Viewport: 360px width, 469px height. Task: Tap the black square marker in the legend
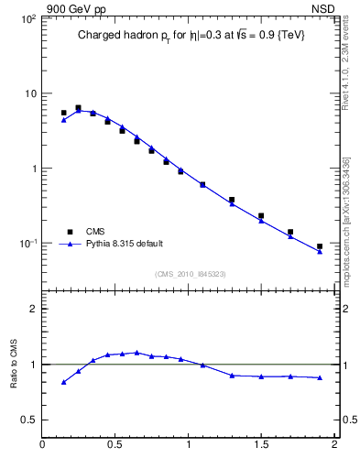point(70,232)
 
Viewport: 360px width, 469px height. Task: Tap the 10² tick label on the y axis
point(27,18)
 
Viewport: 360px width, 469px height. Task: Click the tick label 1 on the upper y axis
point(33,169)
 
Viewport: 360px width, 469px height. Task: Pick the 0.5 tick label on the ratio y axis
point(28,420)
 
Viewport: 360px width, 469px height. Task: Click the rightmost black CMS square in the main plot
point(320,246)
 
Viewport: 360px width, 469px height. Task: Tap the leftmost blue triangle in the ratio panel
point(63,382)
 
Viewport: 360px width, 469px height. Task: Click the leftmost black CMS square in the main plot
point(63,113)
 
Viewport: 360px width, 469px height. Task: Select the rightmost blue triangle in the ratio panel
point(320,377)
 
